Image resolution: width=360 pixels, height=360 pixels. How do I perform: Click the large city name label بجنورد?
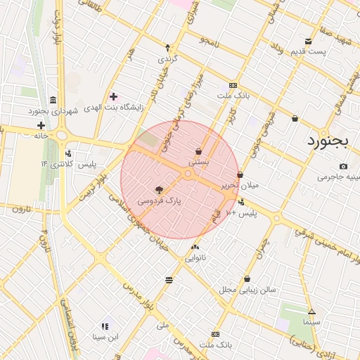click(x=328, y=140)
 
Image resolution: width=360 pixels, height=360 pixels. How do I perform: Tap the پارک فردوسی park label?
click(x=159, y=200)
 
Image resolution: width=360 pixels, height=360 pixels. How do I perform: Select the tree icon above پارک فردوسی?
click(x=159, y=189)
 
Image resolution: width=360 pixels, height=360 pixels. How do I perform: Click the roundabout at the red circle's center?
click(x=188, y=173)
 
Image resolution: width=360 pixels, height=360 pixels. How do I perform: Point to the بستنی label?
click(x=199, y=162)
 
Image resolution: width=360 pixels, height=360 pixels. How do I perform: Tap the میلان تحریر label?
click(x=240, y=186)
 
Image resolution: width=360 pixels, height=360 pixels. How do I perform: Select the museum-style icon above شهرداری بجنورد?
click(x=54, y=99)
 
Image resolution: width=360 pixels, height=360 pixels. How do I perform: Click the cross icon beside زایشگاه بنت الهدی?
click(x=113, y=96)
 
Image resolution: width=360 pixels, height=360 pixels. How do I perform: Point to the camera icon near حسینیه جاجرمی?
click(x=343, y=167)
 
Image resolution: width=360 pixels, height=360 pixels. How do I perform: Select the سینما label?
click(x=311, y=321)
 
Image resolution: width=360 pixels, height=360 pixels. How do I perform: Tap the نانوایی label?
click(x=195, y=258)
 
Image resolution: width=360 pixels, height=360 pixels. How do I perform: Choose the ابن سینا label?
click(x=105, y=337)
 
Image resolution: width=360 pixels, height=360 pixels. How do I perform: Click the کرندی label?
click(x=168, y=58)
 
